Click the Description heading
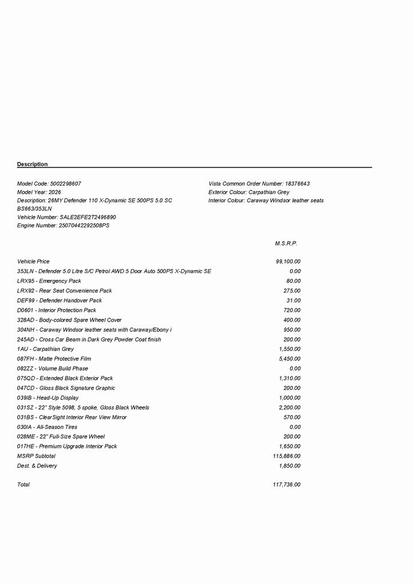[x=33, y=165]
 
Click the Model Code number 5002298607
[x=66, y=184]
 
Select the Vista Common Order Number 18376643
[x=297, y=184]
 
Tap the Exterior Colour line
[x=249, y=193]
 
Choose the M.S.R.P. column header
[x=286, y=243]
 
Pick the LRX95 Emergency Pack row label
[x=49, y=281]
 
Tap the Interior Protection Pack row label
[x=57, y=310]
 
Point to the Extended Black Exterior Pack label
[x=65, y=378]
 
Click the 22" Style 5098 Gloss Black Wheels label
[x=83, y=408]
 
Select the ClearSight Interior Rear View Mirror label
[x=72, y=418]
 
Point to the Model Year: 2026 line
[x=39, y=193]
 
